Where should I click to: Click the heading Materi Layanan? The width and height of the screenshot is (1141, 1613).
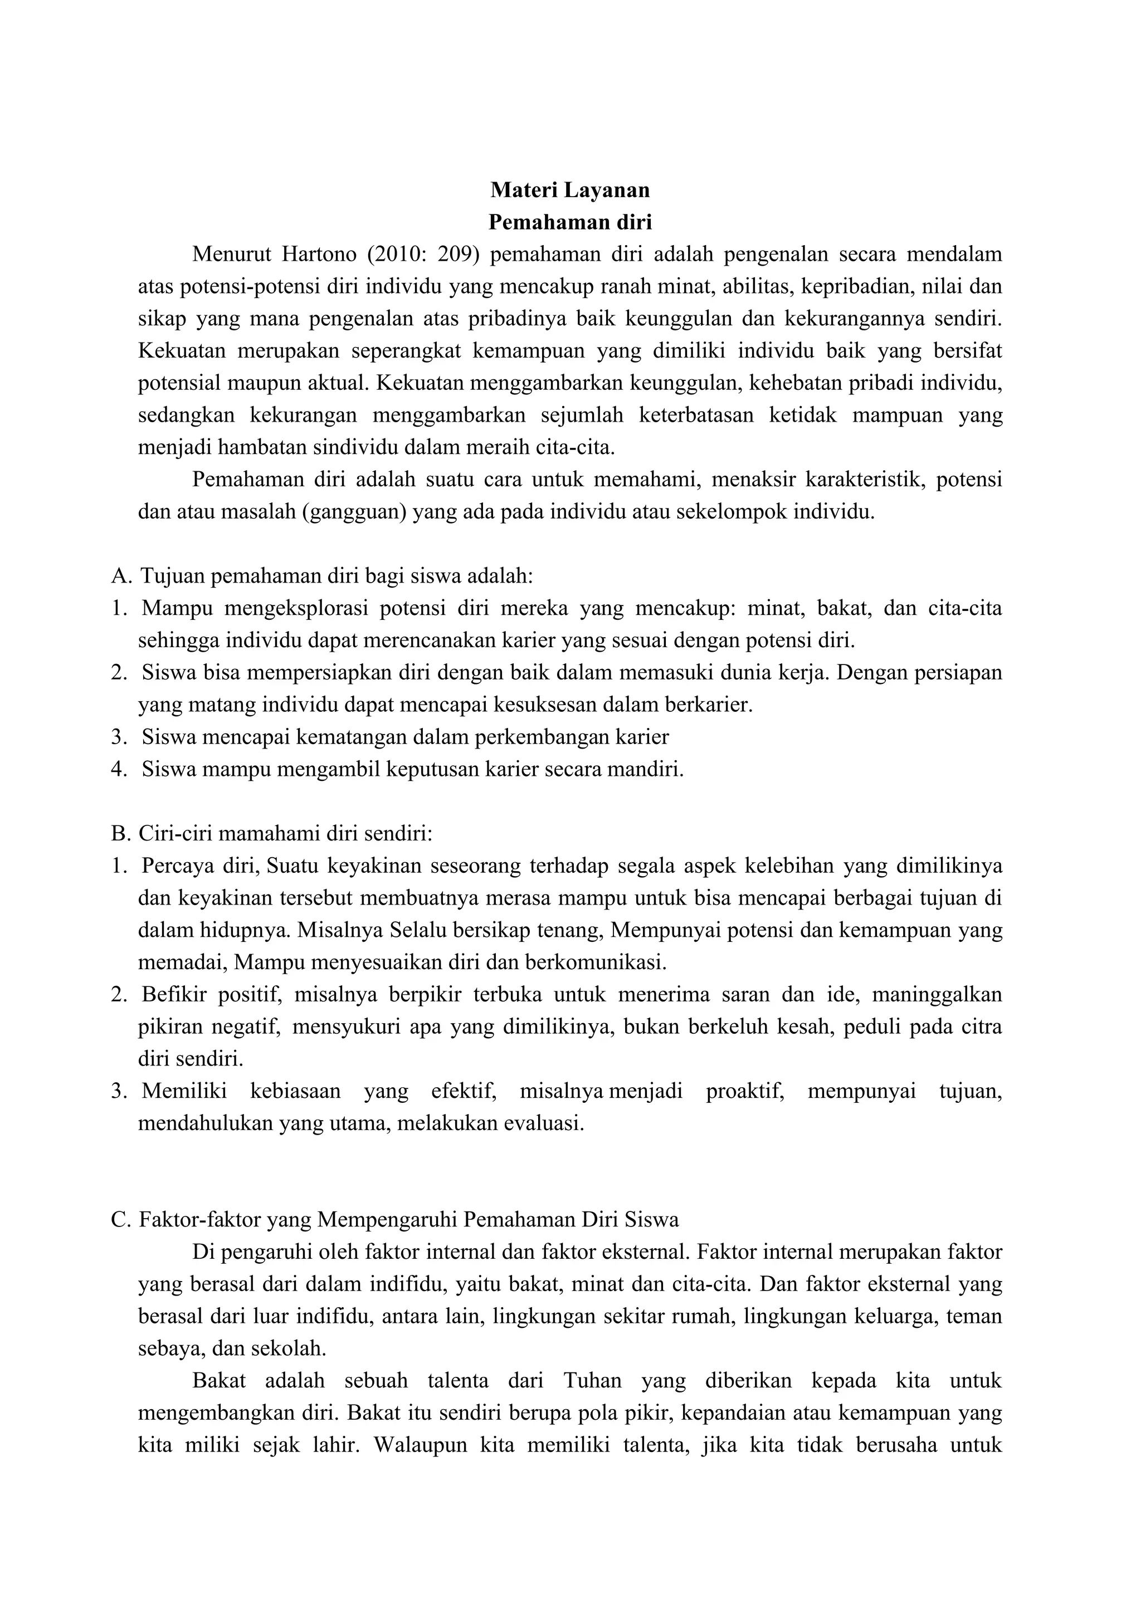pyautogui.click(x=570, y=190)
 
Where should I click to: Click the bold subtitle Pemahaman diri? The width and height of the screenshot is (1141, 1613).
pyautogui.click(x=570, y=222)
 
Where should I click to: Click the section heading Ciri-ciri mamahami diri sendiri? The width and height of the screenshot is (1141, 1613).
pyautogui.click(x=285, y=834)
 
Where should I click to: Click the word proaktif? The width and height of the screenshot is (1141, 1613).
pyautogui.click(x=745, y=1092)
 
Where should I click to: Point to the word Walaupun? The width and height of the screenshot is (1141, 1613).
pyautogui.click(x=417, y=1446)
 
